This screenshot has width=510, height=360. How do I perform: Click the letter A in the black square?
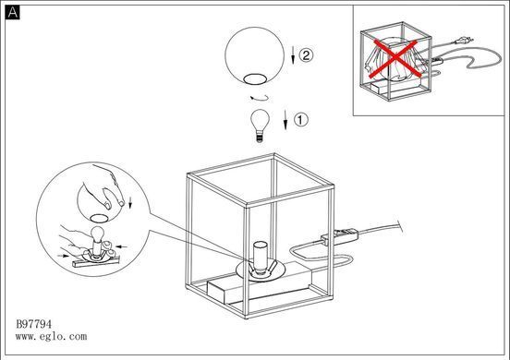12,12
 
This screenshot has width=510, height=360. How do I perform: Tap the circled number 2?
306,54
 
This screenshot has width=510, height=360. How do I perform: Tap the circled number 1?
301,120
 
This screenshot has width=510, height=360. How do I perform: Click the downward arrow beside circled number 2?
293,54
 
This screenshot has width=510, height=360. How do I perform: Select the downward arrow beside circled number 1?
285,120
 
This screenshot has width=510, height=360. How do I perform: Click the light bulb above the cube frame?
260,126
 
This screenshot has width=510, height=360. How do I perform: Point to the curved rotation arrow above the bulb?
260,99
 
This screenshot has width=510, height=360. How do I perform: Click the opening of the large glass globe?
255,79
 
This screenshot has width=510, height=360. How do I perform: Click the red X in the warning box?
395,58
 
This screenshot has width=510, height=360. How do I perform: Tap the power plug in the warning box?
464,41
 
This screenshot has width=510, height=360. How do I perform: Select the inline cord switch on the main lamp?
339,236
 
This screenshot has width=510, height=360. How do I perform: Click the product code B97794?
34,324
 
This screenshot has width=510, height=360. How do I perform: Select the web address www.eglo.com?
51,336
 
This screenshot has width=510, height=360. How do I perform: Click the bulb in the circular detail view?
97,238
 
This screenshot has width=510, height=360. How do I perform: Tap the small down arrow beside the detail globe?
131,202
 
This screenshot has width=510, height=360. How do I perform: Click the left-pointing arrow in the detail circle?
122,247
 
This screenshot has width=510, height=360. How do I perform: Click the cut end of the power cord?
401,226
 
